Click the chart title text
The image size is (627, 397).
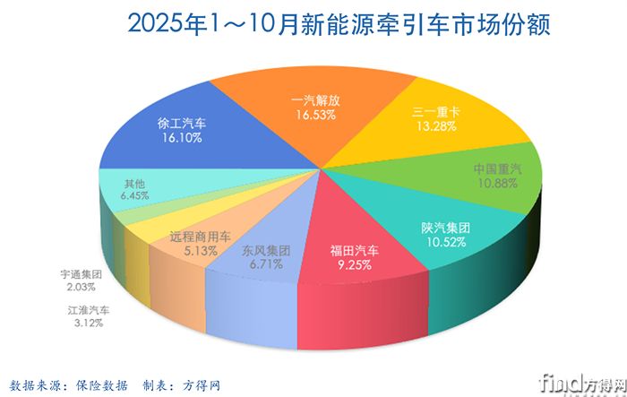pos(313,23)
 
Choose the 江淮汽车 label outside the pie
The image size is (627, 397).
pos(88,309)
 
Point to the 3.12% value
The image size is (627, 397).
pos(88,323)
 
